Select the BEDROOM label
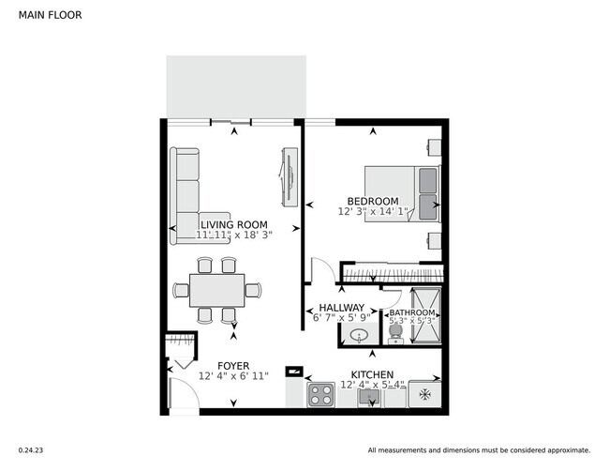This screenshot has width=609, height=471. pos(373,201)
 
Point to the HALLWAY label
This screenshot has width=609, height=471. pos(341,308)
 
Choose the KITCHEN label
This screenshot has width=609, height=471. pos(372,372)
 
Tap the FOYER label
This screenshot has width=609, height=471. pos(233,364)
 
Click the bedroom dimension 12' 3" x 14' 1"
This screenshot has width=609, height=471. pos(373,212)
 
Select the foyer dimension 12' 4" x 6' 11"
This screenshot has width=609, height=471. pos(233,376)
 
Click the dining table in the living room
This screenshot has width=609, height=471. pos(216,290)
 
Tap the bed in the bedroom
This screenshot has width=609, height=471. pos(402,191)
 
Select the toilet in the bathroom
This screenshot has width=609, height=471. pos(396,334)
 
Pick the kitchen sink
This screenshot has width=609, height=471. pos(367,398)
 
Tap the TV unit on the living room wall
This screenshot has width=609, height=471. pos(289,175)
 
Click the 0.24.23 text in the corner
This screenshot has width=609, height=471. pos(31,449)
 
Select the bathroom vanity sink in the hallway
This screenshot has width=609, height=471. pos(357,335)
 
